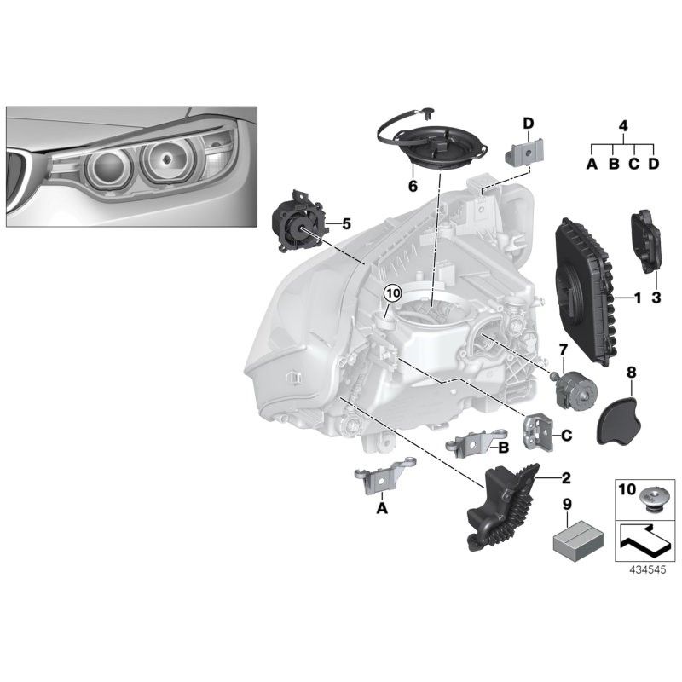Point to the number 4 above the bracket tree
623,126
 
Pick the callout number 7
563,350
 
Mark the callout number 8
632,372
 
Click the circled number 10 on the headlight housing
391,292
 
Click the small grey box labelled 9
573,538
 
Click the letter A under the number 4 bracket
591,163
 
